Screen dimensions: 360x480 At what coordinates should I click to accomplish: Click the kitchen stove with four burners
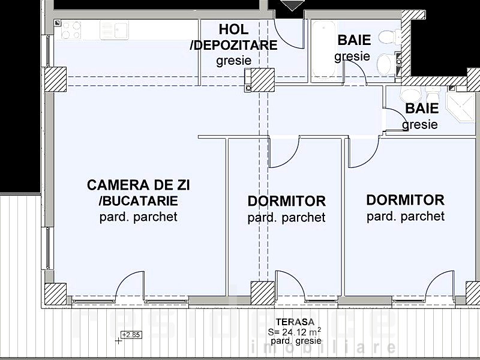click(71, 30)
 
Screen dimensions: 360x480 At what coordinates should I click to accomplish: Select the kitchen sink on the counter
click(121, 29)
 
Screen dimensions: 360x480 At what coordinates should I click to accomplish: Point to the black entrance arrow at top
click(292, 5)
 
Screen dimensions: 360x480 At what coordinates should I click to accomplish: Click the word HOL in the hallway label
click(233, 29)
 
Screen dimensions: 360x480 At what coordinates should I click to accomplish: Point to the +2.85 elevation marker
click(130, 335)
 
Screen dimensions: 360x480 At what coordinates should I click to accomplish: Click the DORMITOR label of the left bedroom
click(286, 201)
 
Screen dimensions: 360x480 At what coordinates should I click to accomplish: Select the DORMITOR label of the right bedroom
click(405, 200)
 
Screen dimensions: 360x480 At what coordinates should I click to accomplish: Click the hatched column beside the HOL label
click(262, 79)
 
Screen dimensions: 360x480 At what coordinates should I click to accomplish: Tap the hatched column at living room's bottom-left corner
click(55, 294)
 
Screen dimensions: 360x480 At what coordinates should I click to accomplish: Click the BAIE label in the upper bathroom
click(354, 40)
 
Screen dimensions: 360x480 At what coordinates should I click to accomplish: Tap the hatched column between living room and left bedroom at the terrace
click(262, 293)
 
